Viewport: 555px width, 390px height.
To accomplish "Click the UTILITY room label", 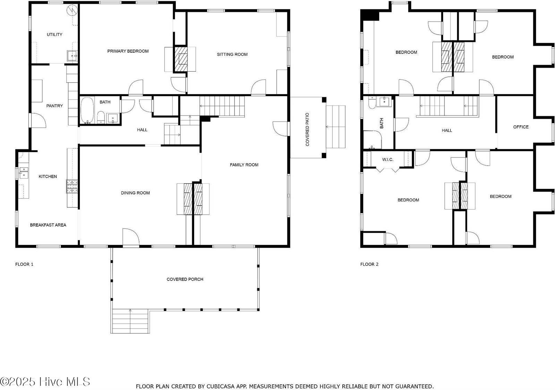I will click(x=54, y=35).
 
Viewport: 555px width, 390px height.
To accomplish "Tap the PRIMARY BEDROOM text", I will click(x=128, y=51).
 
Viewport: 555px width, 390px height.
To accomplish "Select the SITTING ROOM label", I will click(x=232, y=54).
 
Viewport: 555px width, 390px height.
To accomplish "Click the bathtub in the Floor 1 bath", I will click(x=87, y=110).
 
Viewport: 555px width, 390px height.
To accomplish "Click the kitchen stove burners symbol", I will click(x=72, y=186).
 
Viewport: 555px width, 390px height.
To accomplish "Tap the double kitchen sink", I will click(x=24, y=172).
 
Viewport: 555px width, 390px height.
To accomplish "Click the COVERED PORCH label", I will click(x=185, y=279).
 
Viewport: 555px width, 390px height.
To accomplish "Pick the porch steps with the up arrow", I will click(x=130, y=321).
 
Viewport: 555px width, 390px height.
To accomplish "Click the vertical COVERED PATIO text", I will click(x=307, y=129).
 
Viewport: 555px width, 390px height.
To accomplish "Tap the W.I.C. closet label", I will click(x=387, y=160).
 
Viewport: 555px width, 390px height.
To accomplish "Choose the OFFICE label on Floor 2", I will click(x=521, y=127).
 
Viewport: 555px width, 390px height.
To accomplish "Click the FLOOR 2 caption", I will click(x=369, y=264).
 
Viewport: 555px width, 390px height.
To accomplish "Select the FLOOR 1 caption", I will click(x=24, y=264).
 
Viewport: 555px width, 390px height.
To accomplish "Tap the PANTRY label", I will click(x=54, y=106).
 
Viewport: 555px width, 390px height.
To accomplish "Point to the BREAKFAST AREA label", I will click(x=48, y=225).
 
